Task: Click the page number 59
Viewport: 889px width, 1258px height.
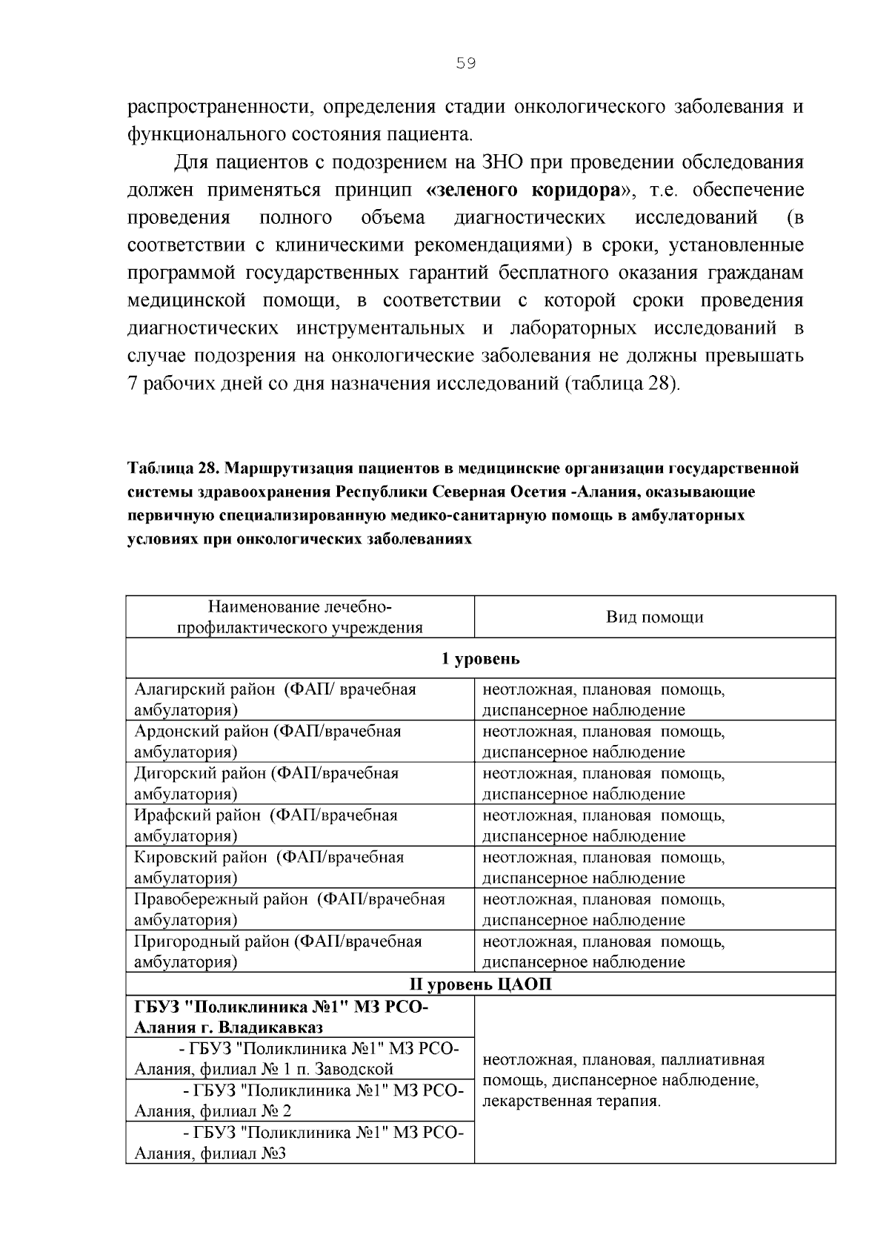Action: pyautogui.click(x=465, y=64)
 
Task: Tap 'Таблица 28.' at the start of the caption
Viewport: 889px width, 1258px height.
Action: pyautogui.click(x=173, y=469)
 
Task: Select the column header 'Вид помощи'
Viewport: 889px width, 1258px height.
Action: pyautogui.click(x=654, y=617)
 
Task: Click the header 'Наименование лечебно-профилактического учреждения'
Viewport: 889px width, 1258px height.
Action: pyautogui.click(x=300, y=617)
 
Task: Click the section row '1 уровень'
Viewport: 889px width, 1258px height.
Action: pyautogui.click(x=480, y=658)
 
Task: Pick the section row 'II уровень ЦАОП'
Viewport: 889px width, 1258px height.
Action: pyautogui.click(x=480, y=984)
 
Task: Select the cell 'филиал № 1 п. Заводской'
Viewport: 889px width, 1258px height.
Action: pyautogui.click(x=300, y=1059)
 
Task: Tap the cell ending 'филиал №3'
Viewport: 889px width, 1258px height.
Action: pyautogui.click(x=300, y=1143)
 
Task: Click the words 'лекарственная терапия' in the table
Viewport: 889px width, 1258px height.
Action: pyautogui.click(x=570, y=1101)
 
